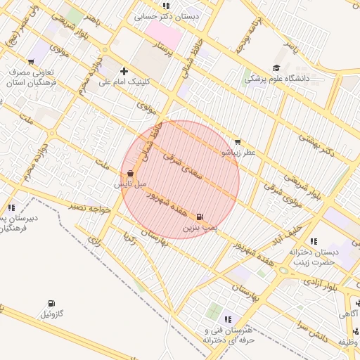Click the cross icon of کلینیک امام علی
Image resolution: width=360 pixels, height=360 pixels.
[124, 71]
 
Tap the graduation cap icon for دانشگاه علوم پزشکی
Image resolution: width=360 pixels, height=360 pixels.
[276, 68]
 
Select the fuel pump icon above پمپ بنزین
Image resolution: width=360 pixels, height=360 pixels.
[201, 217]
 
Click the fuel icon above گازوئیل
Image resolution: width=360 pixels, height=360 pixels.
[50, 303]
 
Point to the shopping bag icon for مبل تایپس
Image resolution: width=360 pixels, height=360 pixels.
[131, 173]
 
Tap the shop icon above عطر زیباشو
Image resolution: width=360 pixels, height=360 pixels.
[236, 141]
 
